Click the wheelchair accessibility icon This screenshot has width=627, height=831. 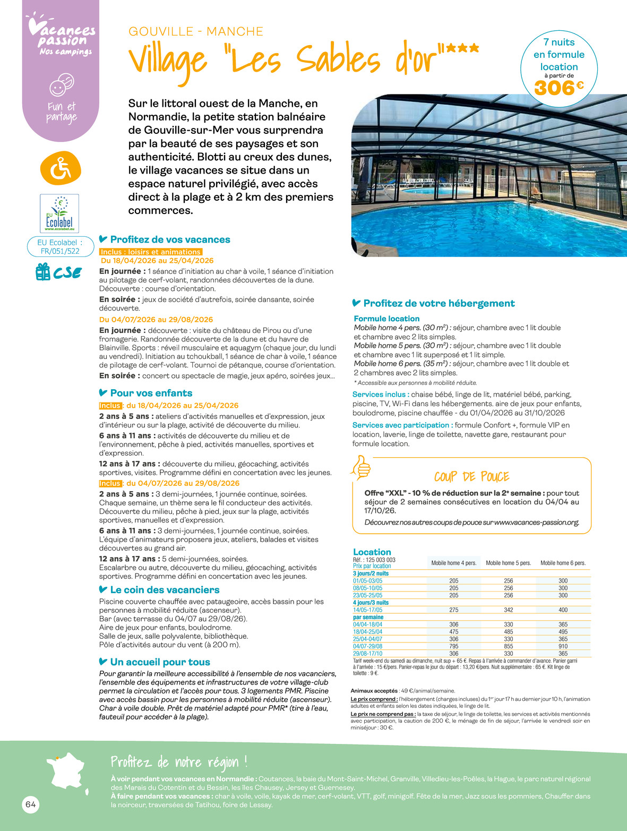coord(61,168)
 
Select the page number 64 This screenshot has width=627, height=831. coord(31,804)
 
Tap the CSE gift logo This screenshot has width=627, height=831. coord(59,272)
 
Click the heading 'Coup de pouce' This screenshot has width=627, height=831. coord(471,476)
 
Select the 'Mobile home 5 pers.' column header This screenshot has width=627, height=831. coord(508,563)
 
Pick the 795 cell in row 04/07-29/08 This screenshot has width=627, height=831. coord(453,646)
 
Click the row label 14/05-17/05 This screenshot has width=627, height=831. coord(367,610)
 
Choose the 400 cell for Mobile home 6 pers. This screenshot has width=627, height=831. coord(563,610)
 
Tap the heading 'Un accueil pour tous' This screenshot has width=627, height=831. coord(160,662)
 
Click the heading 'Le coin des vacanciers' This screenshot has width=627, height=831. coord(165,590)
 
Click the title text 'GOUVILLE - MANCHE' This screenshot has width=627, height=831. coord(196,31)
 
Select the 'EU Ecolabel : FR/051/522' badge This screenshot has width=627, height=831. coord(60,247)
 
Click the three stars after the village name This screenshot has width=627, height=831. coord(462,48)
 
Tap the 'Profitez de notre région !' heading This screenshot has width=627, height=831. coord(179,763)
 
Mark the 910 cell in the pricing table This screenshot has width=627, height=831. coord(563,646)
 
